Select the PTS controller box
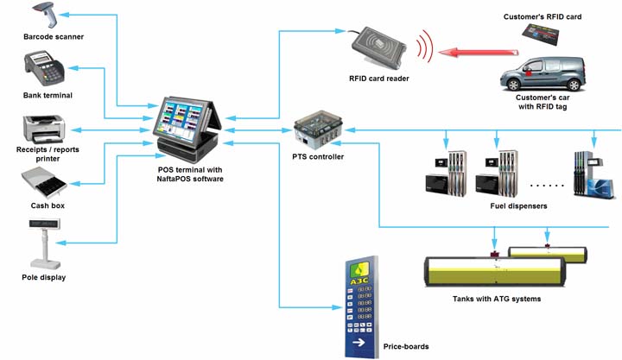click(317, 131)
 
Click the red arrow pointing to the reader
click(470, 54)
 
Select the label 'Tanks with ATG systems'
click(497, 299)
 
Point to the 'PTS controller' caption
click(318, 156)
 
